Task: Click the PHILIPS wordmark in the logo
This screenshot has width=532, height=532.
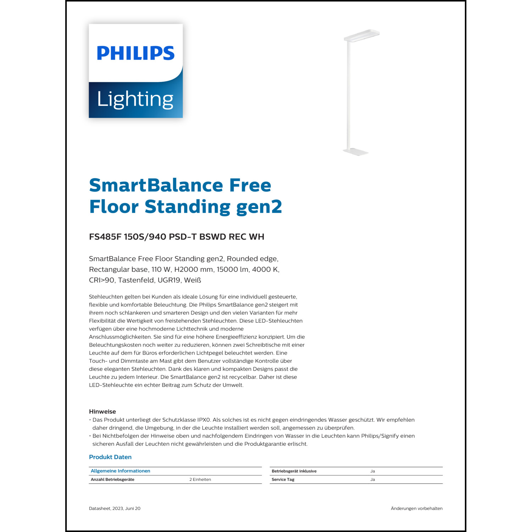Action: click(135, 53)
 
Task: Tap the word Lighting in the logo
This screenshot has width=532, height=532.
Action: click(135, 99)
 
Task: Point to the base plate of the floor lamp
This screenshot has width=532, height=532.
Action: click(356, 152)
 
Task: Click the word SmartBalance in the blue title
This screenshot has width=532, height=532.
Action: click(156, 185)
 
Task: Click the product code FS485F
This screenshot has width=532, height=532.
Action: click(105, 237)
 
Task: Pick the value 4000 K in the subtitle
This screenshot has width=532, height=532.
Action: click(265, 270)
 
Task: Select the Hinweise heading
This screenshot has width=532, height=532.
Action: click(102, 412)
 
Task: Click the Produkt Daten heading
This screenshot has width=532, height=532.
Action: click(110, 457)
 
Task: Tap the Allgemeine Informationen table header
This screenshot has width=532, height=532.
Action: click(121, 471)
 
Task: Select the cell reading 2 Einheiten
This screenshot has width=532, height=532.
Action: click(200, 480)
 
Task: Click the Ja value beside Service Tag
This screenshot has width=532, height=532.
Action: click(372, 480)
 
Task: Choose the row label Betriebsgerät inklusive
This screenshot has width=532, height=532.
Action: click(294, 471)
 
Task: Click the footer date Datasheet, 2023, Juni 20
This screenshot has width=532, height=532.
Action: click(115, 509)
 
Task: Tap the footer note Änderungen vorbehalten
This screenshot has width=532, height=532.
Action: click(416, 509)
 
